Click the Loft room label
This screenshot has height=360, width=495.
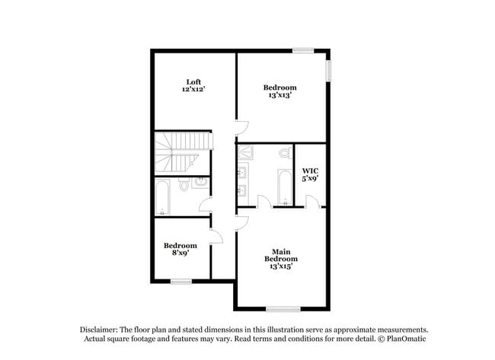coord(193,81)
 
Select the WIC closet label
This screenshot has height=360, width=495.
coord(310,170)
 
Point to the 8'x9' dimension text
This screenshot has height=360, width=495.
coord(180,253)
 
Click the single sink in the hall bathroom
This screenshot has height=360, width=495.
coord(200,183)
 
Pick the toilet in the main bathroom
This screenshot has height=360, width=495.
coord(285,154)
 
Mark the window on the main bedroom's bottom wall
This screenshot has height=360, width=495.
coord(283,309)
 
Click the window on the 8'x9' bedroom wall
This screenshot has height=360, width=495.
coord(180,282)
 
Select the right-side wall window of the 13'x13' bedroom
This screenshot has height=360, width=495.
coord(330,70)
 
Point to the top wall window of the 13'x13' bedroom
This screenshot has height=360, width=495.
coord(303,51)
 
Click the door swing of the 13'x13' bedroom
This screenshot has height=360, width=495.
coord(241,127)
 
